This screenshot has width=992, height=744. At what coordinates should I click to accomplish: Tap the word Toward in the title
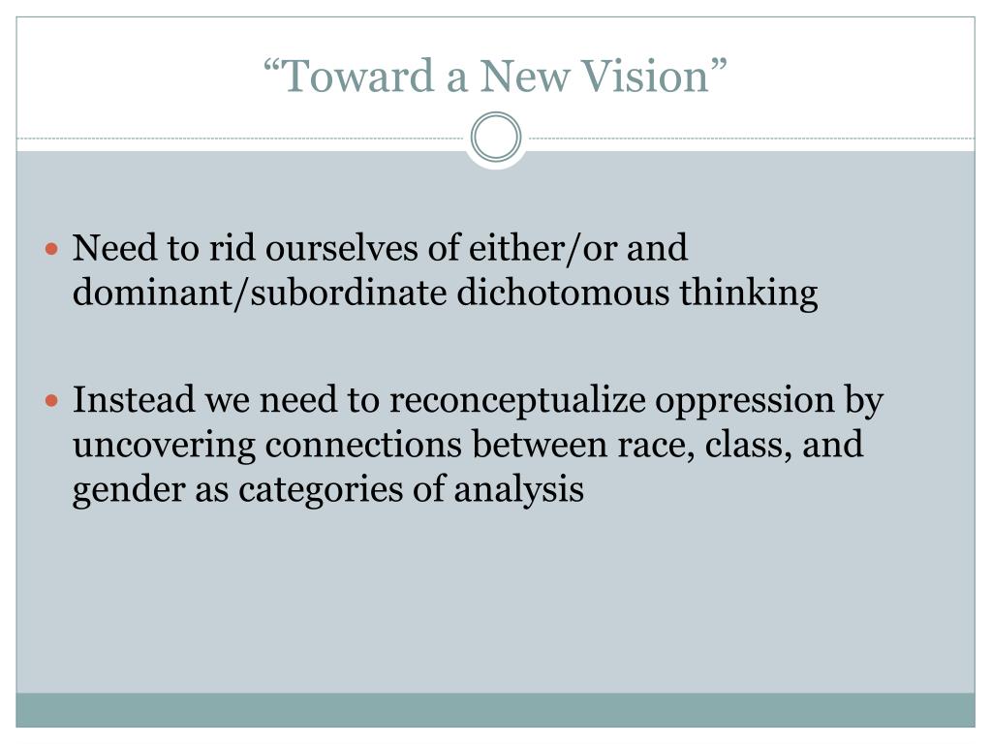358,76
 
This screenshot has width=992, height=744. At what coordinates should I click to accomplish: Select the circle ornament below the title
496,138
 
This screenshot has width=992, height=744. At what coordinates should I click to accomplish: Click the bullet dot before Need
52,248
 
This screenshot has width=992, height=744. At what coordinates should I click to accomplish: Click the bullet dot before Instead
52,400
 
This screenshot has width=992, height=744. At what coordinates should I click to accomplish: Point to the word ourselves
342,247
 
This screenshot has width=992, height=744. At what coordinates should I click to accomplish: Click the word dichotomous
563,293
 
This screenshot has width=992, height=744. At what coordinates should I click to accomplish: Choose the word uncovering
165,446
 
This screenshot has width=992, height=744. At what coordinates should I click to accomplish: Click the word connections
364,445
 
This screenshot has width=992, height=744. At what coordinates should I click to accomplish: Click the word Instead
134,400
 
